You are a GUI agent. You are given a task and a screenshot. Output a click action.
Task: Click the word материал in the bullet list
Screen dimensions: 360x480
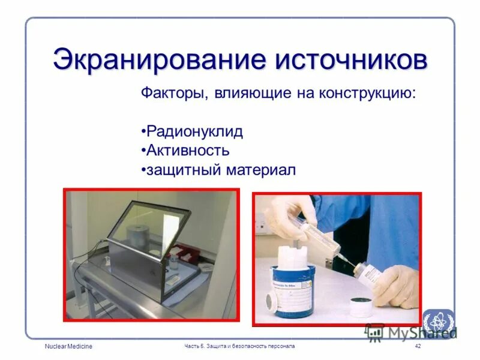[261, 170]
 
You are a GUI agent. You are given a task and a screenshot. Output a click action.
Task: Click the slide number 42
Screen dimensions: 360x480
[418, 347]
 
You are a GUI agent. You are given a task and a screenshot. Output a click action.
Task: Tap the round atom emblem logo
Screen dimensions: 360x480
[437, 322]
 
